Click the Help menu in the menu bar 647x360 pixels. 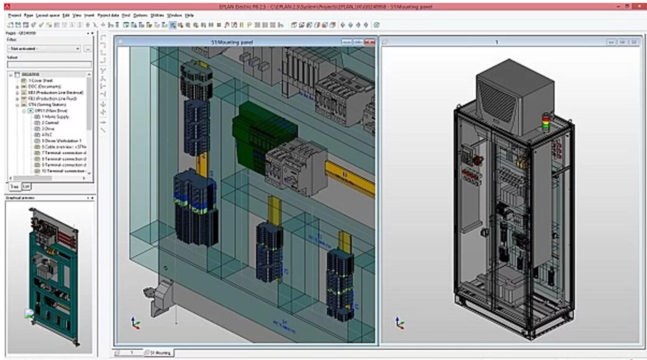[x=190, y=15]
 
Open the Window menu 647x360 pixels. [x=175, y=15]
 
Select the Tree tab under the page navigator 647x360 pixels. [x=14, y=186]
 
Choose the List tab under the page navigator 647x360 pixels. [x=26, y=186]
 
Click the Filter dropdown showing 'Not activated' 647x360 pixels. [x=44, y=49]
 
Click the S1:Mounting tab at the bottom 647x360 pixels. [x=158, y=352]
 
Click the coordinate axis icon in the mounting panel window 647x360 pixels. [x=135, y=323]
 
